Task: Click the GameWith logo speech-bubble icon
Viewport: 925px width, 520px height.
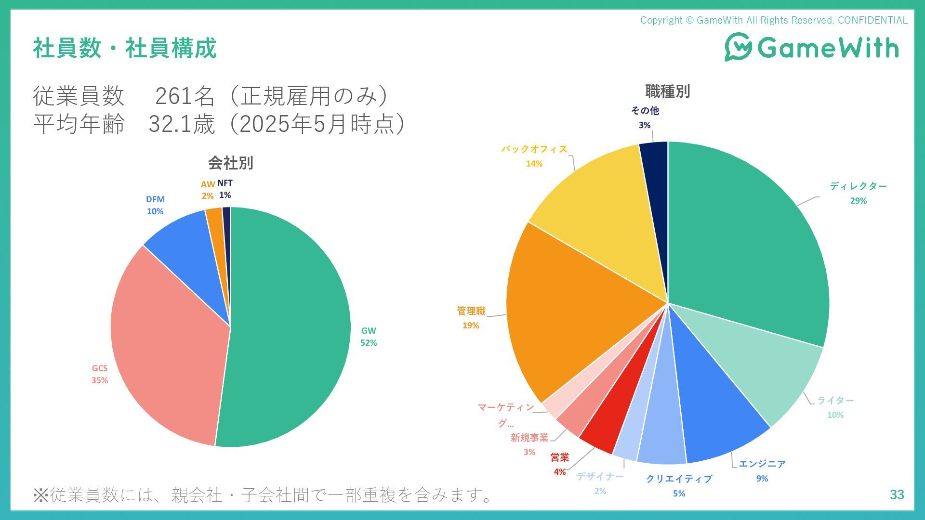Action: click(x=738, y=47)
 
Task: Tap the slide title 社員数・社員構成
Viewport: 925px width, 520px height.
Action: click(x=125, y=48)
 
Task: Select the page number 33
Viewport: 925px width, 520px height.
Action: click(x=897, y=494)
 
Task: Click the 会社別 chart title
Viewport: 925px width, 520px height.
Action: click(x=230, y=163)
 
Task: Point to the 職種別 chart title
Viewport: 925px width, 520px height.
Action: click(x=667, y=91)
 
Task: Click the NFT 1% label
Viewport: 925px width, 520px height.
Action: click(x=225, y=189)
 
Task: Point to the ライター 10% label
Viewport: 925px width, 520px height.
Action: click(x=835, y=407)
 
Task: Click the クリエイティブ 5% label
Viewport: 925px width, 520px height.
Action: click(x=679, y=485)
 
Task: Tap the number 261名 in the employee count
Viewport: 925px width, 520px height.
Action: click(x=185, y=96)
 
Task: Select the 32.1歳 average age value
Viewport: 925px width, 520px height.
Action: click(x=181, y=124)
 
